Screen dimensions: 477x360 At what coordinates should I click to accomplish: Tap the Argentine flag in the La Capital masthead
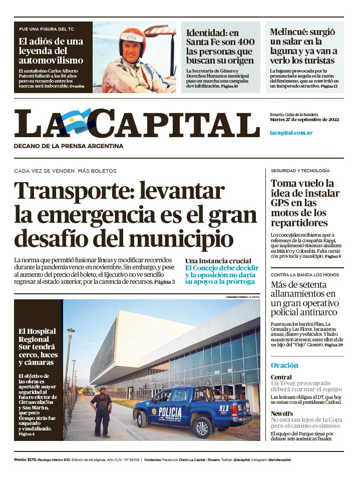(76, 122)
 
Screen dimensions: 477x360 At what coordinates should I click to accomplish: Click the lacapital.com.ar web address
(291, 133)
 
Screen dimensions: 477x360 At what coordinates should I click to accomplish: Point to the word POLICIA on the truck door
(170, 411)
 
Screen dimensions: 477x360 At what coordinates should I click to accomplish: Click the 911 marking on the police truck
(223, 408)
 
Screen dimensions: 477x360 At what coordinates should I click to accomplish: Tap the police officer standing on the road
(102, 410)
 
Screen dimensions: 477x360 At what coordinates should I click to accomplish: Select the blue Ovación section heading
(284, 365)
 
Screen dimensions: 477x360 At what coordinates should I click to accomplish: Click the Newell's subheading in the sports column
(281, 413)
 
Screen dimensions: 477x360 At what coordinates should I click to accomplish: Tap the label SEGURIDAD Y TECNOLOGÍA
(300, 171)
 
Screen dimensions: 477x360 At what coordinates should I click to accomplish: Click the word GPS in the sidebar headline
(280, 203)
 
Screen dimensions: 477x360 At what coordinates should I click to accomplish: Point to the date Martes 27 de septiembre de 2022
(305, 120)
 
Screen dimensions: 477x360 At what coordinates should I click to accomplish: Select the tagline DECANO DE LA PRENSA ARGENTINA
(69, 146)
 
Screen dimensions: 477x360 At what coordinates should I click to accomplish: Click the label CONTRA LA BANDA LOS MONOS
(304, 275)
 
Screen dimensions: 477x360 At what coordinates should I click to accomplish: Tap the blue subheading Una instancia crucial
(218, 261)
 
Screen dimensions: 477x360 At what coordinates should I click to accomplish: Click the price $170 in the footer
(32, 459)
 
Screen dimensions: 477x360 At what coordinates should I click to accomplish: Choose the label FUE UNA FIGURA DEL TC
(47, 29)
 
